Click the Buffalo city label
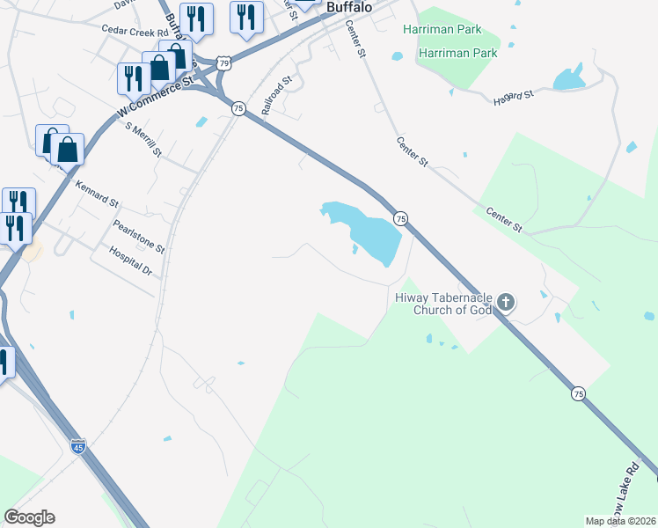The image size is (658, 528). [x=348, y=6]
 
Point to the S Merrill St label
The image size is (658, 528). [x=144, y=139]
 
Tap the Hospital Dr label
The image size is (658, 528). [x=131, y=261]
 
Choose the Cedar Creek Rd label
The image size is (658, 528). [x=135, y=29]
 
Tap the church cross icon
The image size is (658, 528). [x=505, y=303]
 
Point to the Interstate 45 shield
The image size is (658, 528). [x=78, y=445]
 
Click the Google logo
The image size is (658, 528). [x=29, y=517]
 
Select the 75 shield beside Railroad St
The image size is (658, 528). [x=238, y=107]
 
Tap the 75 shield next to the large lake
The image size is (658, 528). [x=400, y=217]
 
